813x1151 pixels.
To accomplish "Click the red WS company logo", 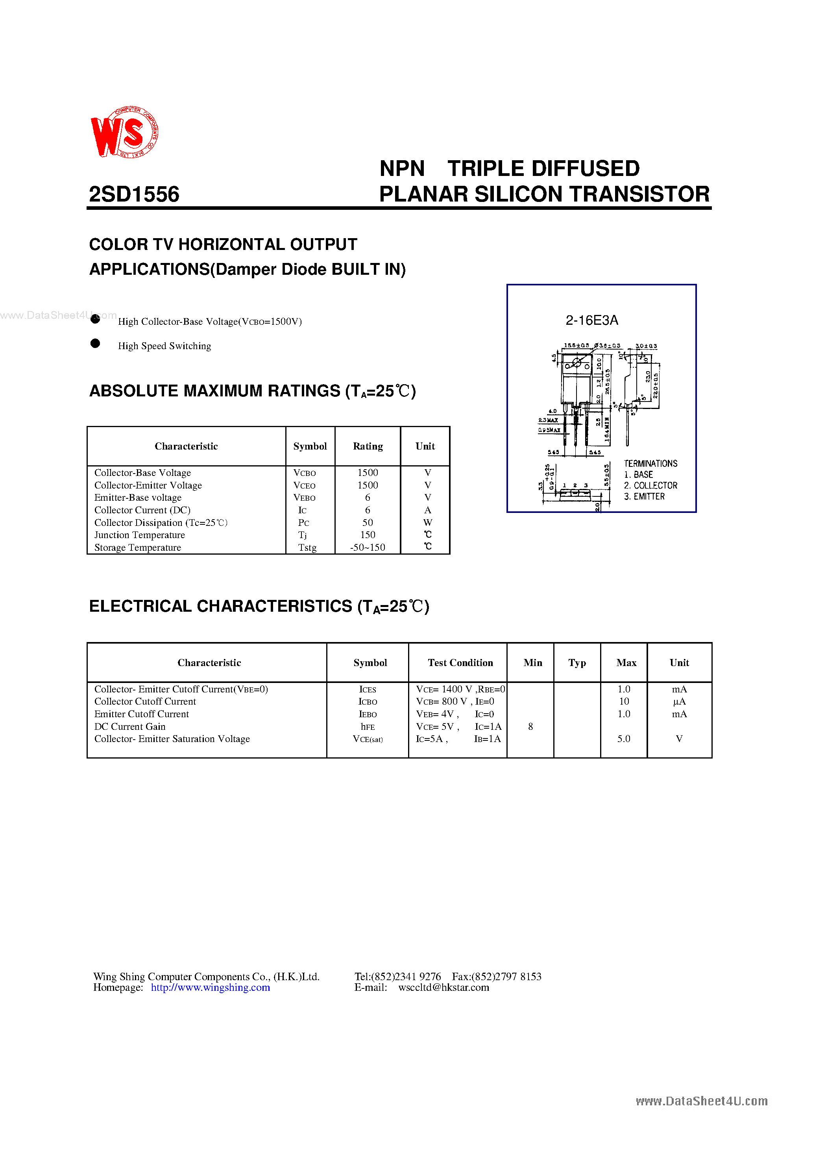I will (x=124, y=132).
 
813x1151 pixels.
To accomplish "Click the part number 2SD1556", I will (x=134, y=194).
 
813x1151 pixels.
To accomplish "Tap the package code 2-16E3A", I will (x=591, y=320).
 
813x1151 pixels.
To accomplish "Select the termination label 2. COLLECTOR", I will (x=650, y=485).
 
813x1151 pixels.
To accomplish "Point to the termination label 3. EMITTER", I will (x=644, y=496).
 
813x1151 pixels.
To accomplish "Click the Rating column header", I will (x=368, y=446).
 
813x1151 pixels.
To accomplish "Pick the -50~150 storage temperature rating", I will (x=368, y=548).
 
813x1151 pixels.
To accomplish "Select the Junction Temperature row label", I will (x=139, y=535).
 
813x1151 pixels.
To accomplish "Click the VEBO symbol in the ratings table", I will (x=304, y=498).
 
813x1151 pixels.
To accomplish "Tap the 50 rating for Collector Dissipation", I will (x=368, y=522).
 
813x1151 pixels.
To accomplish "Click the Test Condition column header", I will (x=460, y=663).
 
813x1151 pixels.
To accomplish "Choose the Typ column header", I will (x=577, y=663).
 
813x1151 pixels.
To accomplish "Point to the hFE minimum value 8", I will (x=530, y=726).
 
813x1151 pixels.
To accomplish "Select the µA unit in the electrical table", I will (x=679, y=702).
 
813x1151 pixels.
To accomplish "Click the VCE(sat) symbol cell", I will (x=368, y=739).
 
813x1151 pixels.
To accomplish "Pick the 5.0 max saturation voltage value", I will (x=624, y=739).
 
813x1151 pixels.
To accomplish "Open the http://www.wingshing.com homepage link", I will (x=210, y=987).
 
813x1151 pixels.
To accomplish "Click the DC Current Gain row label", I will (x=130, y=726).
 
